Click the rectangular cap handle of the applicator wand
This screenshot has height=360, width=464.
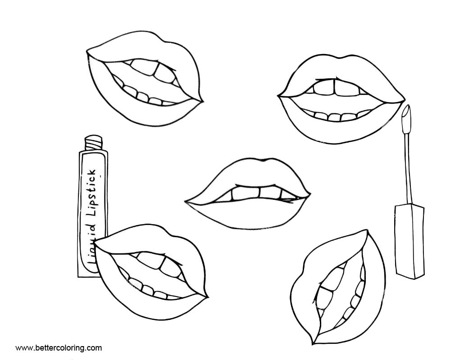[x=409, y=241]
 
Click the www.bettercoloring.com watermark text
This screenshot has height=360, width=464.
[x=59, y=348]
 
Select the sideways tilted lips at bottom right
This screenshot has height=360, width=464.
[x=338, y=287]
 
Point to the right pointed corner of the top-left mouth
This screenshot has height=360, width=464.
[x=202, y=101]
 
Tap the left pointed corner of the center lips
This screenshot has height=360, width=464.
[x=186, y=202]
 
